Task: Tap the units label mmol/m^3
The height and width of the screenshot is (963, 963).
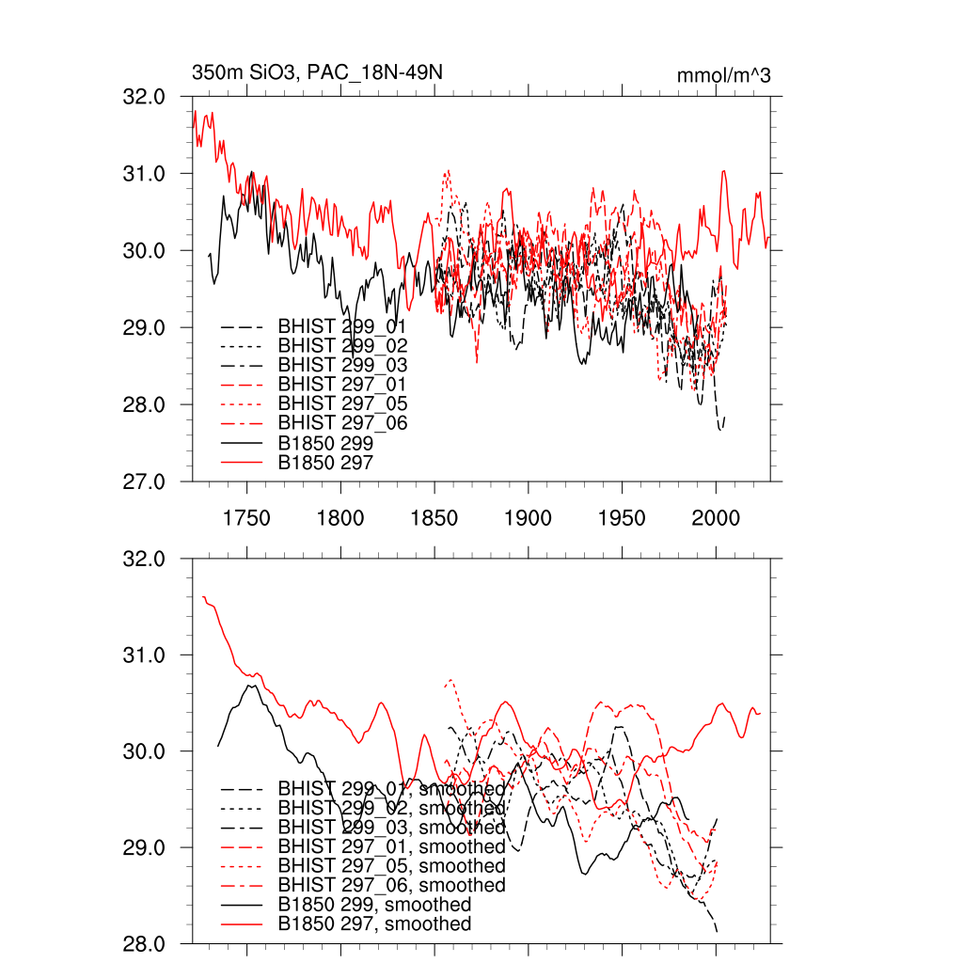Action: (x=724, y=75)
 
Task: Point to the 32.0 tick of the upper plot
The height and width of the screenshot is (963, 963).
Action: (x=147, y=97)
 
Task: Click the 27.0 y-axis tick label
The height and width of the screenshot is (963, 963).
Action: (x=147, y=481)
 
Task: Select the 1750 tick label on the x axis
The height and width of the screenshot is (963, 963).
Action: (x=246, y=518)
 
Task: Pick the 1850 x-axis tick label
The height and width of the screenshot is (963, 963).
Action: (x=434, y=518)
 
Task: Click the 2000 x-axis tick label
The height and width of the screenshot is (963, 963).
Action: (x=717, y=518)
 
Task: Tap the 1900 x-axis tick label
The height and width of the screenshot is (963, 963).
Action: (x=529, y=518)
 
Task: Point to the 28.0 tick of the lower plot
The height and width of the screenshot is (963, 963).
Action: (x=147, y=944)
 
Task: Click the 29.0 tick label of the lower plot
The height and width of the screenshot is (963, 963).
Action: (x=147, y=847)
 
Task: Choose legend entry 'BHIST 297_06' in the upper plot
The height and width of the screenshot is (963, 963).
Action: (x=342, y=423)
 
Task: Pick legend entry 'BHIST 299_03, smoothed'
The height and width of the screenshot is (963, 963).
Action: (x=391, y=828)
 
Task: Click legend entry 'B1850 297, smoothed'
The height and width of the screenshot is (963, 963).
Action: (x=374, y=924)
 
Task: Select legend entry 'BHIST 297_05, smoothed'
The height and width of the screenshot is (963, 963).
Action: (x=391, y=866)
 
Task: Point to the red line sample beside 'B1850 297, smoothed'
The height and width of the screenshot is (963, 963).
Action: (x=241, y=924)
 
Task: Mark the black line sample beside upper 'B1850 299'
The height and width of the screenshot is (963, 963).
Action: (x=241, y=443)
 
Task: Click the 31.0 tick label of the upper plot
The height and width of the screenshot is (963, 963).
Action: (x=147, y=174)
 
